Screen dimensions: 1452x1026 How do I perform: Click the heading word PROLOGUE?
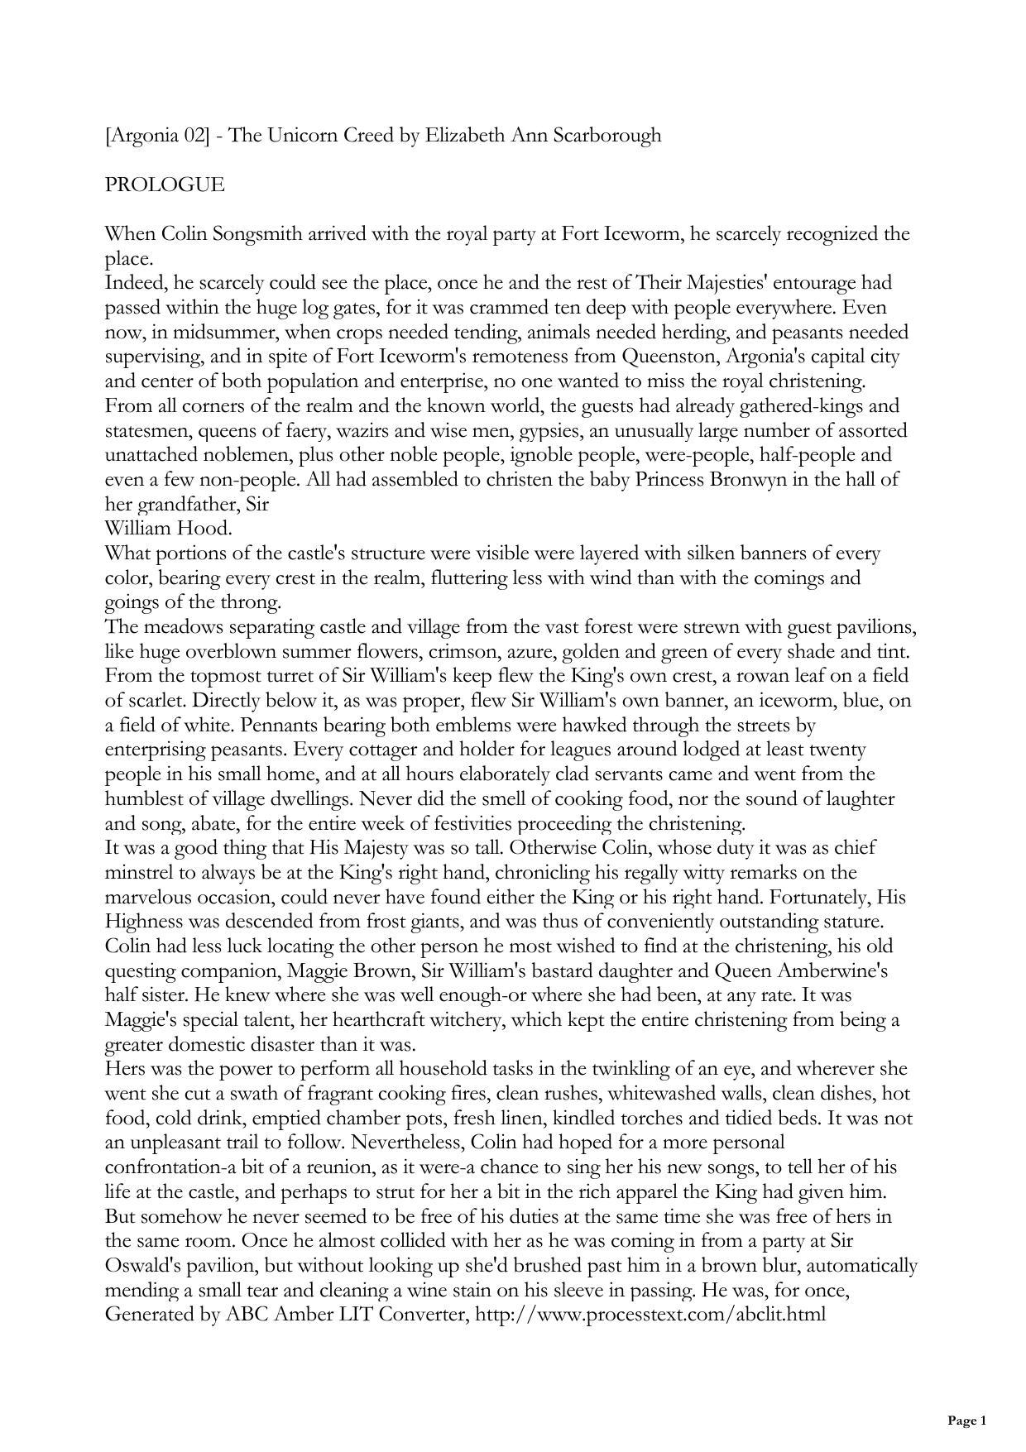165,184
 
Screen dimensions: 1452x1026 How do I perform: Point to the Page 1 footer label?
966,1421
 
